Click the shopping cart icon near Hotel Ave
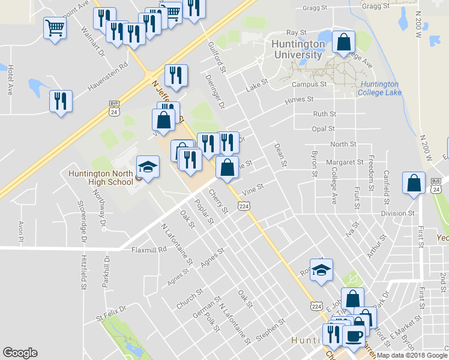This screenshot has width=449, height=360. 55,27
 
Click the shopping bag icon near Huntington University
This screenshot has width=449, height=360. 343,43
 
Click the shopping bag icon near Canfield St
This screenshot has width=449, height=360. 414,184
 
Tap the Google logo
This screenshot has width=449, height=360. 20,353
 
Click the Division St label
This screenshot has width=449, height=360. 397,213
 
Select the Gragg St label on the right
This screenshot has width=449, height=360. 377,7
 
